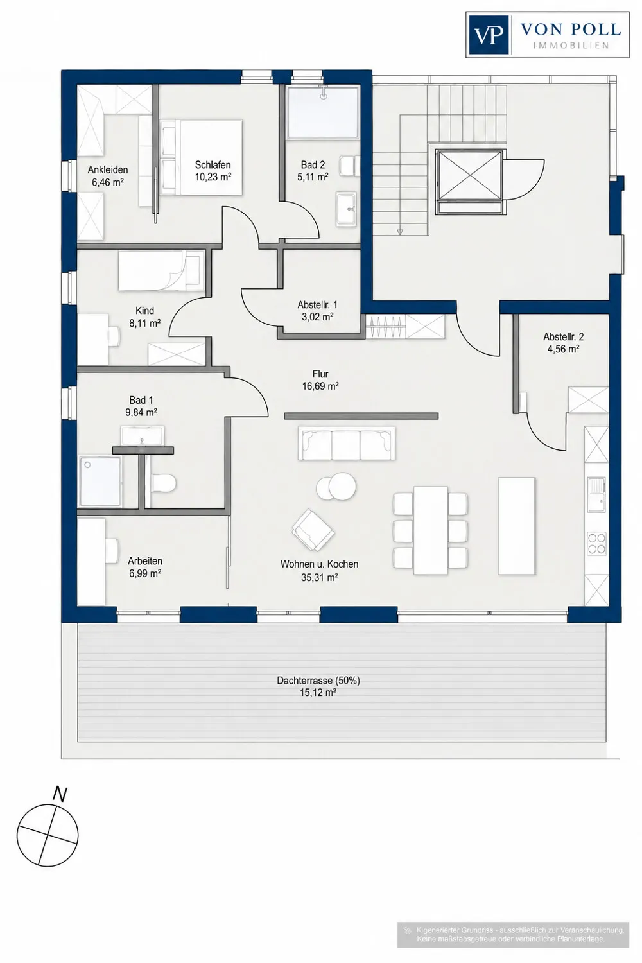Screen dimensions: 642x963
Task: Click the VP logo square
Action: [x=489, y=35]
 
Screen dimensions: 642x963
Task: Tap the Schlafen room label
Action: [x=213, y=164]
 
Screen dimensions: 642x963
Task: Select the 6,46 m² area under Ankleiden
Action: [x=107, y=182]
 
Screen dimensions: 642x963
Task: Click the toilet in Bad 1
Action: [x=163, y=483]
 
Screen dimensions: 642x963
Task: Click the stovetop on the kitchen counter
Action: [x=597, y=543]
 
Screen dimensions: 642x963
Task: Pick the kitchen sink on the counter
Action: [x=597, y=495]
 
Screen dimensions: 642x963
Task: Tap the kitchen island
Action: [x=517, y=526]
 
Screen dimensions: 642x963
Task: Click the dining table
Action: [x=430, y=530]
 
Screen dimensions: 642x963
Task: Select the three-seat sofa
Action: [x=346, y=443]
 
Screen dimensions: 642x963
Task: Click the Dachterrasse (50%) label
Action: [x=318, y=681]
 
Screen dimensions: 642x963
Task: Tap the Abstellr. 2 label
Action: [x=563, y=337]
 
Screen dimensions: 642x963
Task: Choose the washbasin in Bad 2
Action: [x=346, y=209]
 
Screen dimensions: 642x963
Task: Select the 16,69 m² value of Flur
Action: [x=320, y=386]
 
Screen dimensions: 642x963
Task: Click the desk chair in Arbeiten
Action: [x=112, y=551]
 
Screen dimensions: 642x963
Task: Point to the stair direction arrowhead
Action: [x=401, y=232]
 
